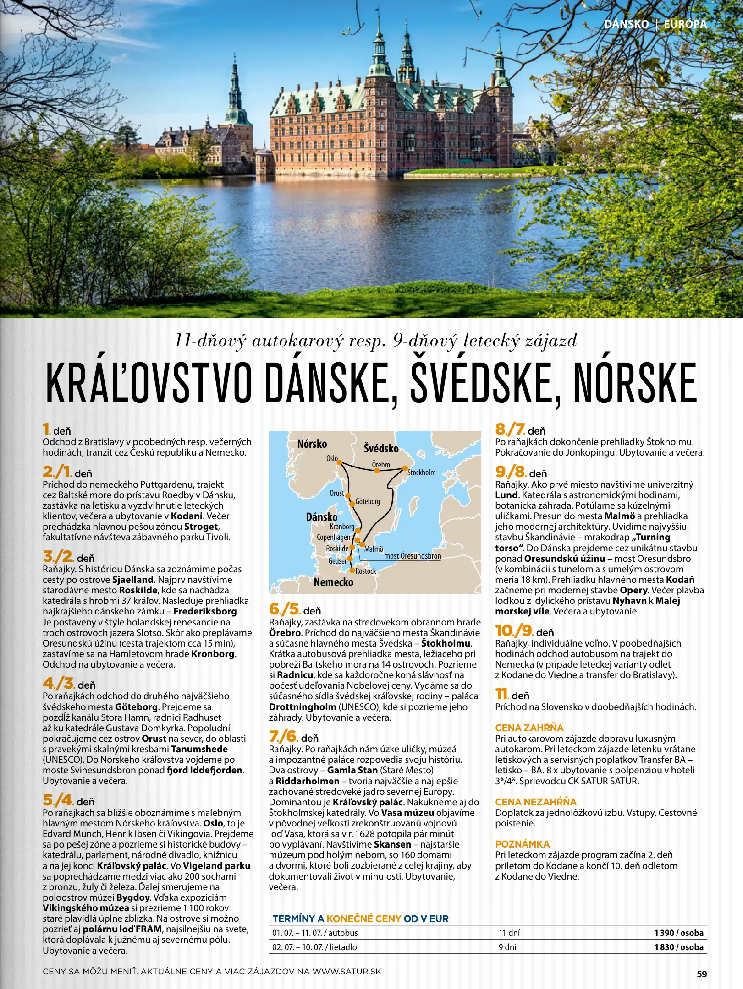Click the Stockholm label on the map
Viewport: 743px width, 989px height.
tap(421, 473)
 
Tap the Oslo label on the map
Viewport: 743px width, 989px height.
tap(332, 458)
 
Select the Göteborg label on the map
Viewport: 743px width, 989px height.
tap(368, 501)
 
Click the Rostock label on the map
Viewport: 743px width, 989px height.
tap(365, 571)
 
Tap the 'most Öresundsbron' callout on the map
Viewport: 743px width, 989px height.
tap(412, 556)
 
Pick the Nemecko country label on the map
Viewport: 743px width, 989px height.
tap(333, 582)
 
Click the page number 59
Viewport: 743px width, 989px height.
tap(702, 974)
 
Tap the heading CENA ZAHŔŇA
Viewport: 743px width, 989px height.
tap(529, 728)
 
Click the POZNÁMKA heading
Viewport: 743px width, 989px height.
tap(522, 844)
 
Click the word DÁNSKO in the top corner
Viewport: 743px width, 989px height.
tap(626, 24)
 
